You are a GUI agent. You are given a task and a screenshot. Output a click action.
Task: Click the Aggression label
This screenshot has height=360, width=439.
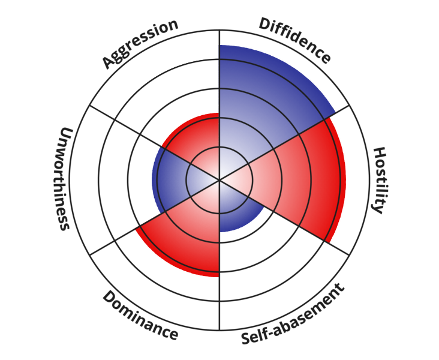[140, 43]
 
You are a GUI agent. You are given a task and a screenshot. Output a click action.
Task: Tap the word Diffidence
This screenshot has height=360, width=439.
[295, 40]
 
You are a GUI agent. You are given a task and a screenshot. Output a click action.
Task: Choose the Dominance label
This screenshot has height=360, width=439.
[140, 316]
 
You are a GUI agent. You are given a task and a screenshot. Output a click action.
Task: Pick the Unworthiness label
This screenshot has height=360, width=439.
[64, 178]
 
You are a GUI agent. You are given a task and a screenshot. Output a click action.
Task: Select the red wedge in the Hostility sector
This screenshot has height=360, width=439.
[300, 180]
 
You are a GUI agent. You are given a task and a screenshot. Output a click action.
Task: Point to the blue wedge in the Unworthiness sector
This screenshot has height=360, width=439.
[174, 179]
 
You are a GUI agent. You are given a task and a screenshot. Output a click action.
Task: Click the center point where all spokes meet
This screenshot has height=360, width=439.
[220, 179]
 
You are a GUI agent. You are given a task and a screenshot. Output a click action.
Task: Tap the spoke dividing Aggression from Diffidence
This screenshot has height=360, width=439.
[220, 72]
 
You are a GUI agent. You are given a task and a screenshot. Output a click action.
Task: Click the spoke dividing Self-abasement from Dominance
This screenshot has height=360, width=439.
[220, 300]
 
